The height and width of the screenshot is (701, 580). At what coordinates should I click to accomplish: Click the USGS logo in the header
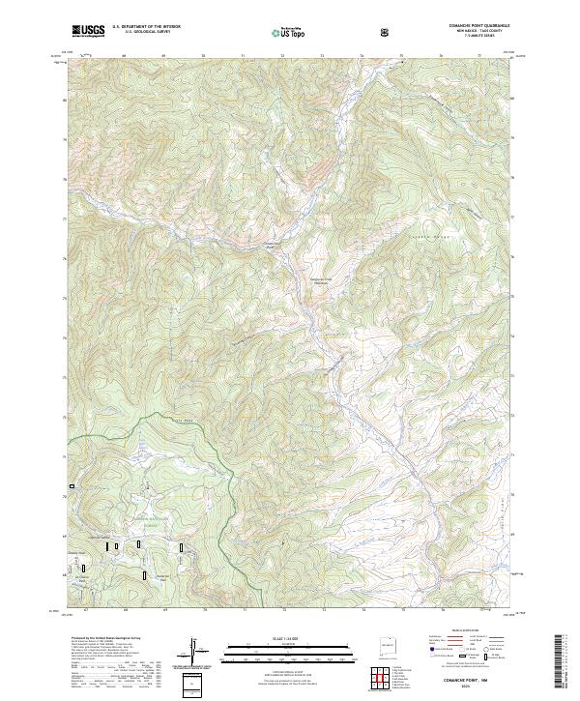[x=88, y=30]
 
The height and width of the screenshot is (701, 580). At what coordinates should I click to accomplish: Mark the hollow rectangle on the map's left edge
[x=70, y=485]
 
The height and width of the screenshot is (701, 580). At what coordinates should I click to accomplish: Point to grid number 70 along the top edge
[x=203, y=56]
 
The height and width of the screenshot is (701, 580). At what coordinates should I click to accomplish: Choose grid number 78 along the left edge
[x=66, y=139]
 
